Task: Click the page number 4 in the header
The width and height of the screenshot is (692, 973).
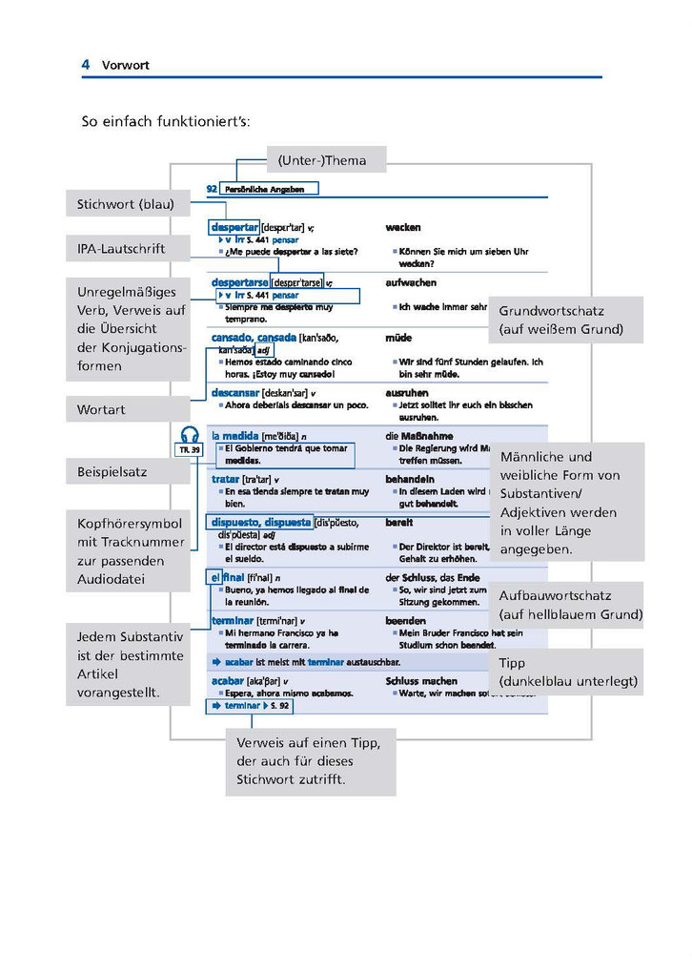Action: click(x=86, y=65)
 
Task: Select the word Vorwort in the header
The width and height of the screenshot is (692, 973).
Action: click(x=126, y=66)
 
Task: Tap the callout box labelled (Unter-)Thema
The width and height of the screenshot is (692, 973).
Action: click(x=322, y=159)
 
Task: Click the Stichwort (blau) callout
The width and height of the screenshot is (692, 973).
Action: click(x=126, y=204)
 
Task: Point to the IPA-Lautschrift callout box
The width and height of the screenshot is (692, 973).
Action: click(x=122, y=249)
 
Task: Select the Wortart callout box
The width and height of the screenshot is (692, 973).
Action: click(x=102, y=409)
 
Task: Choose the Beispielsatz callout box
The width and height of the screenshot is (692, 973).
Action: click(x=112, y=471)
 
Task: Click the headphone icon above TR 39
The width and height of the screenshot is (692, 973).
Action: click(x=190, y=435)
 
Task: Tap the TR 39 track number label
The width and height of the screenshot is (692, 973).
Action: click(x=190, y=449)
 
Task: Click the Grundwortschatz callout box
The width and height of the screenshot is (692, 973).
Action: click(x=564, y=320)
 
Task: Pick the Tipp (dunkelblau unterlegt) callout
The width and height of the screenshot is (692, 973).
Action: click(x=567, y=673)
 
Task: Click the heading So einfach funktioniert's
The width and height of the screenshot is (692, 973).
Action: click(x=165, y=123)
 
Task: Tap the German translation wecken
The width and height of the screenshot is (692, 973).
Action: click(x=402, y=228)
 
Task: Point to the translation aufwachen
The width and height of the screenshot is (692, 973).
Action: click(x=411, y=283)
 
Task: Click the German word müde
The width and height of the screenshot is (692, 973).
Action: click(x=398, y=338)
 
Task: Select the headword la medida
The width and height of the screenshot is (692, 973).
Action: click(x=235, y=436)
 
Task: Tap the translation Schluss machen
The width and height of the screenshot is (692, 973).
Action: click(x=421, y=681)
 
